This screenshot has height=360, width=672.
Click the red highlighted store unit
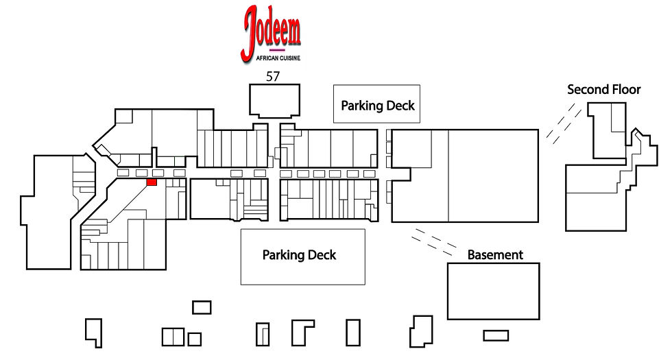point(152,182)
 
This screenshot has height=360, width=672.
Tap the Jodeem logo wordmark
point(272,33)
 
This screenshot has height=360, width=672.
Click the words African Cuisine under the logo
point(278,58)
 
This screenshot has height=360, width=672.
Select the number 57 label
point(273,76)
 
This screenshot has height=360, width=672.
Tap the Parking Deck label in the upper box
point(378,106)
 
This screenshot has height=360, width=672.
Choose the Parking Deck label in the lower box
point(299,255)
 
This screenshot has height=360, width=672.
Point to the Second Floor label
point(604,90)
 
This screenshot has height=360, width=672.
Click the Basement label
point(495,255)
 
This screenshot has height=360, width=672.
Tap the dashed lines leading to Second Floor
point(564,123)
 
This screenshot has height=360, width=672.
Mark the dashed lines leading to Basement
point(433,241)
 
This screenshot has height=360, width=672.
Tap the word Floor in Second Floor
point(625,90)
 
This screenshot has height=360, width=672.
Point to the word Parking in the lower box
point(283,255)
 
